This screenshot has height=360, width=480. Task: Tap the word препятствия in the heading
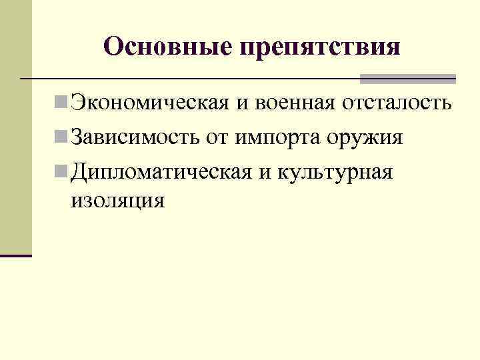coord(319,48)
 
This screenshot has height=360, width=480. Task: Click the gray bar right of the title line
coord(407,79)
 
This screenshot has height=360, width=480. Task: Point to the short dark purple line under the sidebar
coord(16,255)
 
